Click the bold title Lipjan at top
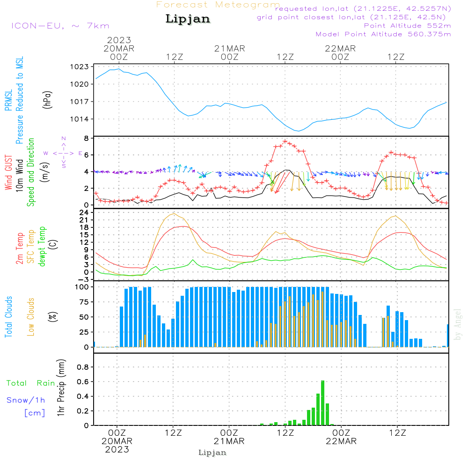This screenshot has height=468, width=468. (x=188, y=19)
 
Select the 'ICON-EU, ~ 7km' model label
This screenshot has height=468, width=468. (x=60, y=26)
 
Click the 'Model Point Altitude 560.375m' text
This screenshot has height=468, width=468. (x=383, y=34)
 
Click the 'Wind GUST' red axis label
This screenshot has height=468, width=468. (x=8, y=173)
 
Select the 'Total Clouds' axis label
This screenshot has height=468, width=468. (x=8, y=317)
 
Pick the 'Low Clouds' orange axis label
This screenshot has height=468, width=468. (x=31, y=317)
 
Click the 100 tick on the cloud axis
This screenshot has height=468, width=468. (x=82, y=287)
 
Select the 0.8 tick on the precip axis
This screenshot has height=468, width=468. (x=83, y=367)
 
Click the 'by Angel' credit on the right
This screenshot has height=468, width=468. (x=458, y=324)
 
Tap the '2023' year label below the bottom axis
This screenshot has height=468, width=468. (x=117, y=450)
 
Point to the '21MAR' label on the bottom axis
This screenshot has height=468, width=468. (x=229, y=441)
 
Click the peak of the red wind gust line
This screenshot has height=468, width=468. (x=285, y=141)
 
